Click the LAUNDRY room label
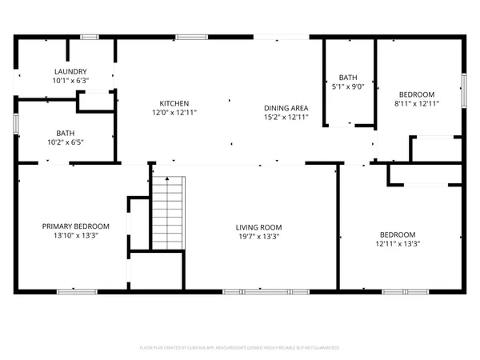66,71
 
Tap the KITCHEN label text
174,103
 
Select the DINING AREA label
286,108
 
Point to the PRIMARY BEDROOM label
75,226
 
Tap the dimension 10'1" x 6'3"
66,81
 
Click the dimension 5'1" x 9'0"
348,86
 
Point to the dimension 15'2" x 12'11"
286,118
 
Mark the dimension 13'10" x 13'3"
75,236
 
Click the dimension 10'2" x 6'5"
66,143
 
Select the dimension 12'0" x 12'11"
174,113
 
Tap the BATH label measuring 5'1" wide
348,76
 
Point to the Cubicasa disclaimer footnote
240,348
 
